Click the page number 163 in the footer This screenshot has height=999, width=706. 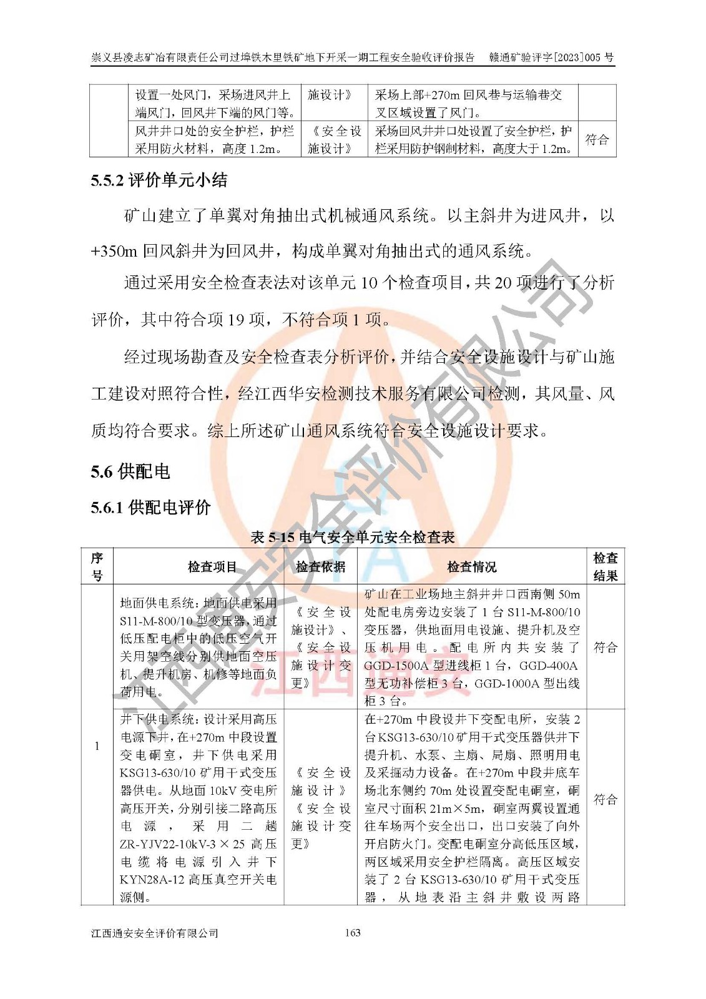(353, 933)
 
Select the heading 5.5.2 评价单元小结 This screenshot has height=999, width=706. (159, 181)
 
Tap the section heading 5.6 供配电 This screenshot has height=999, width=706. (130, 471)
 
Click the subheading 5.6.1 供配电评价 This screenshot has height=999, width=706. (151, 507)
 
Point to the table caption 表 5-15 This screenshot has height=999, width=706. (353, 537)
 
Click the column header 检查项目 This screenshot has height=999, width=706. (212, 567)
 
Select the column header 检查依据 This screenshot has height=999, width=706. (320, 567)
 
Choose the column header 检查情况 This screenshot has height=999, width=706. (472, 567)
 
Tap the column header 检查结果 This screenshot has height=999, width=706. (605, 567)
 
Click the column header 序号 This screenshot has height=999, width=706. (97, 567)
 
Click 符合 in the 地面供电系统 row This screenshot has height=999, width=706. (605, 647)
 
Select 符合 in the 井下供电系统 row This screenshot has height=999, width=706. (605, 800)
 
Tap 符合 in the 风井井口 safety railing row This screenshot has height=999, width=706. (597, 139)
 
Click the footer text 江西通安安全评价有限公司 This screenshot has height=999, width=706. (155, 933)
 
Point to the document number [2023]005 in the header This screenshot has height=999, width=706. (577, 58)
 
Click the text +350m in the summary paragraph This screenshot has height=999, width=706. (114, 252)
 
